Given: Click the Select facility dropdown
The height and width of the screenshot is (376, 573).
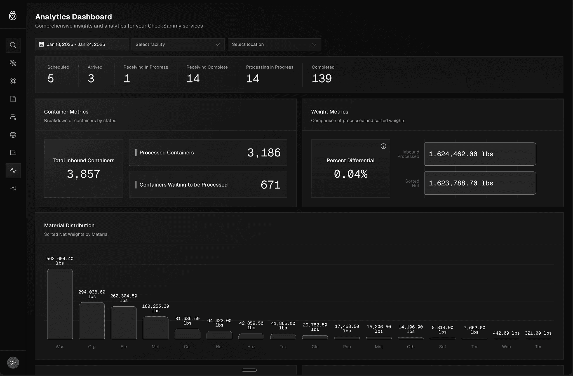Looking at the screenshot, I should coord(178,44).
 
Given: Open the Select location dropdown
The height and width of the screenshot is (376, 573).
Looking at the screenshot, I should coord(274,44).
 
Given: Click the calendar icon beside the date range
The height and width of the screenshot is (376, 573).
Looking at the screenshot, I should coord(41,44).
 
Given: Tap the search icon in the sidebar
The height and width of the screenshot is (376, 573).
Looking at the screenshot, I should coord(13,45).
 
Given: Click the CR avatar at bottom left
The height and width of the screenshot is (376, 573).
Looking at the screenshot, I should coord(13,363).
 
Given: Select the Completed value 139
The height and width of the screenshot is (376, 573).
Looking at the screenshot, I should coord(322,79).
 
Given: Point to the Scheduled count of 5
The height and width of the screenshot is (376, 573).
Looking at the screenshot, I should coord(51,79).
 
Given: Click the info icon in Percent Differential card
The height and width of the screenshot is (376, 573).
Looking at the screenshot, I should coord(383,146).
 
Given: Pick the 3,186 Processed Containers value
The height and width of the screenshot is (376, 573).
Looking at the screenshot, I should coord(264,153).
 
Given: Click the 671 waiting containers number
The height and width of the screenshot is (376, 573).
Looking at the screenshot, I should coord(270,185).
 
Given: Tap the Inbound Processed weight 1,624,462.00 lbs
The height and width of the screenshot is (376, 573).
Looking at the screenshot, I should coord(461,154).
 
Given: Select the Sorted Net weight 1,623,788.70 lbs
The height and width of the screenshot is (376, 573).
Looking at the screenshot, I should coord(461,183).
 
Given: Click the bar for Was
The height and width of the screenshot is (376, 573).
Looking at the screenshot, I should coord(60,304).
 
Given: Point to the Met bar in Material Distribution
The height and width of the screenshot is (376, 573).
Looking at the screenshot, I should coord(156,328).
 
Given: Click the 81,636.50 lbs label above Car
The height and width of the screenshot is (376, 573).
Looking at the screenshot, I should coord(187,321).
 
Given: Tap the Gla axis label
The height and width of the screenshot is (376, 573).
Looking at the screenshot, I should coord(315,347).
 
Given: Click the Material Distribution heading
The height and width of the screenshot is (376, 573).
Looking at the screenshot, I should coord(69,225).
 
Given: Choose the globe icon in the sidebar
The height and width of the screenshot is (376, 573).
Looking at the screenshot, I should coord(13,135).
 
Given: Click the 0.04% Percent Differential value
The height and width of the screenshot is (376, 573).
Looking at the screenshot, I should coord(351,174).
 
